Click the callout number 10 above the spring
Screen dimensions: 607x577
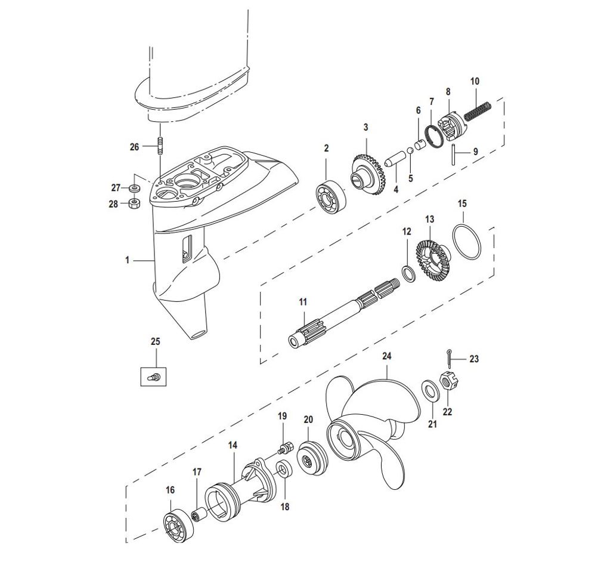[x=475, y=81]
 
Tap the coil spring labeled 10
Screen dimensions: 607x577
[x=478, y=111]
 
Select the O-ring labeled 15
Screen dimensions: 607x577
[x=467, y=241]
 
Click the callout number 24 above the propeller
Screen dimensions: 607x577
[x=387, y=356]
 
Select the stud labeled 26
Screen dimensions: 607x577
[x=159, y=146]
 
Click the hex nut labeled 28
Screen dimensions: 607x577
[x=134, y=203]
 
